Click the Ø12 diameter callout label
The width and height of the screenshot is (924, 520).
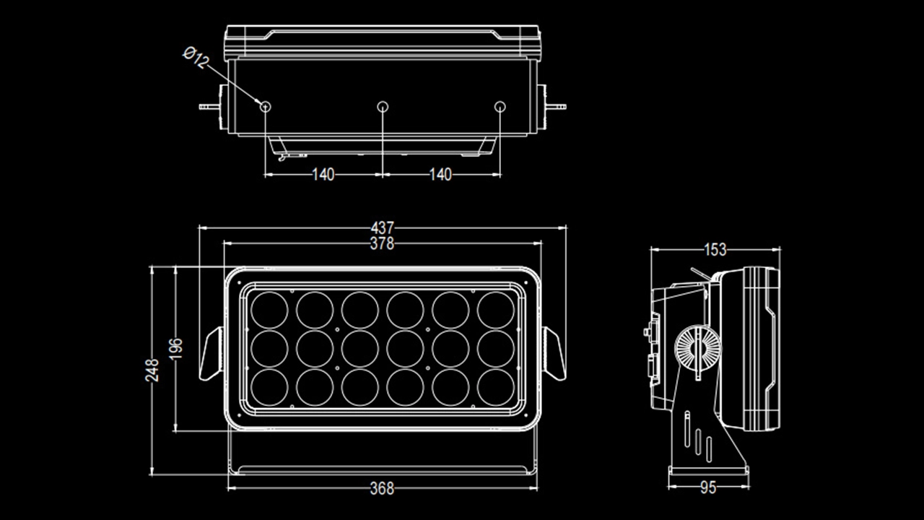coord(196,58)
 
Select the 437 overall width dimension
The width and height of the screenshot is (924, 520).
coord(382,228)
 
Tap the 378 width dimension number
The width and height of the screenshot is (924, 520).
coord(382,244)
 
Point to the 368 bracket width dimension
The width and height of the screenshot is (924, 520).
coord(382,489)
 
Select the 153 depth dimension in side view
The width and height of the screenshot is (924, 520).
coord(715,250)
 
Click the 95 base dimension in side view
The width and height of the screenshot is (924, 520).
coord(708,488)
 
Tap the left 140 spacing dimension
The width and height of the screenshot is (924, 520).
coord(323,175)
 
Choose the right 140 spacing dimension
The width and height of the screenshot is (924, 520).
coord(440,175)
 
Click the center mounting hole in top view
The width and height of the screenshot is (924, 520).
coord(383,107)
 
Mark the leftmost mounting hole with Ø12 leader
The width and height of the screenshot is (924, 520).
coord(266,107)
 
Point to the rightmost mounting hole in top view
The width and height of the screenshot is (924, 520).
coord(500,107)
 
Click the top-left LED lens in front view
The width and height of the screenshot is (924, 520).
coord(269,311)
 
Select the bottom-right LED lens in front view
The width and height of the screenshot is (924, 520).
coord(496,387)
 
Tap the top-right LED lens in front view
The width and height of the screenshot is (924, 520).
coord(496,311)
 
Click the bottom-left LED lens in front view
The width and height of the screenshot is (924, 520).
coord(269,387)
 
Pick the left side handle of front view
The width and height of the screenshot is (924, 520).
coord(212,353)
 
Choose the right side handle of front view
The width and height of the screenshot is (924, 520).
coord(554,353)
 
